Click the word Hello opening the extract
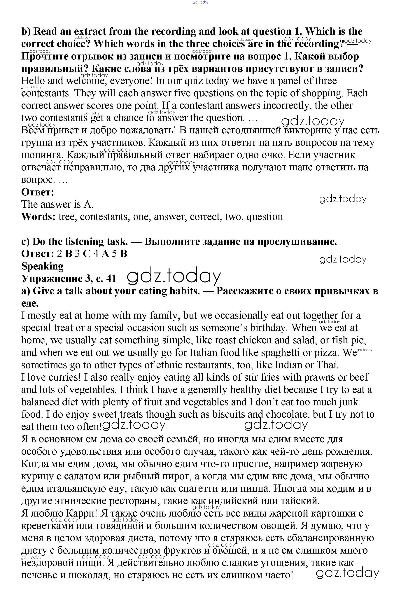(33, 81)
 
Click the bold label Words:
(38, 217)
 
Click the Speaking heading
(42, 266)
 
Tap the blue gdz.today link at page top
(201, 2)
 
